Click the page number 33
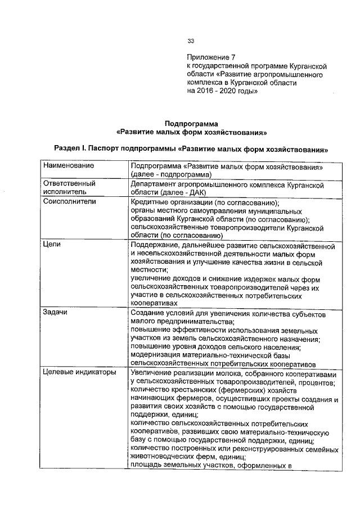(x=191, y=41)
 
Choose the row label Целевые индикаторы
(x=79, y=372)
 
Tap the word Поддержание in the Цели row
(x=156, y=245)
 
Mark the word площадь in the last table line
(x=146, y=465)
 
